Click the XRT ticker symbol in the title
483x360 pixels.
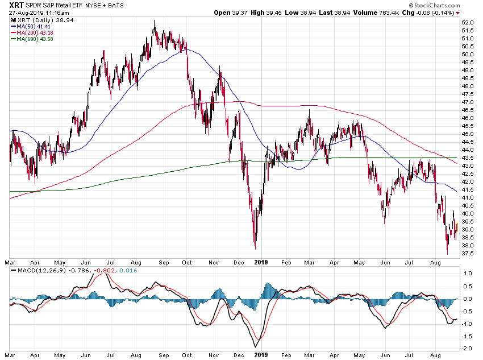[18, 5]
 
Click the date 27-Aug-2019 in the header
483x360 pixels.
[27, 12]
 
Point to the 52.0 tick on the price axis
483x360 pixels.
[468, 22]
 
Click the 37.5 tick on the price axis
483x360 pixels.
[468, 254]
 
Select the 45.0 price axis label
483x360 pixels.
[468, 134]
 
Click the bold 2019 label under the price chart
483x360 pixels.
[261, 263]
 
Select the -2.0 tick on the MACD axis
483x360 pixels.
[467, 349]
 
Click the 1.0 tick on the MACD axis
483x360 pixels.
[468, 274]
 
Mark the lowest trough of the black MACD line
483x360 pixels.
[255, 347]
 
